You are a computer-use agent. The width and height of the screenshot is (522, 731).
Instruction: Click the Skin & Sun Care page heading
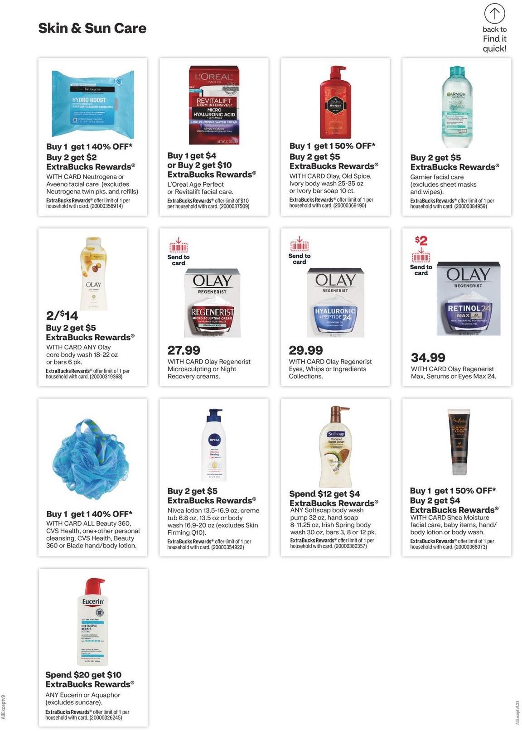tap(92, 28)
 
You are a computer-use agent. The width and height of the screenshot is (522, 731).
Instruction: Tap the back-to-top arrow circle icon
tap(494, 14)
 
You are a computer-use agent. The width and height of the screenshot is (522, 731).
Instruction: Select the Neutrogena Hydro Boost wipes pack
tap(93, 103)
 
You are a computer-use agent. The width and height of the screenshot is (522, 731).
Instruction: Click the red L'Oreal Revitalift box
tap(213, 105)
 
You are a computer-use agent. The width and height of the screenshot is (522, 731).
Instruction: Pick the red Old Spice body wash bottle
tap(335, 102)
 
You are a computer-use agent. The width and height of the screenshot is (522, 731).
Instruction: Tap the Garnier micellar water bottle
tap(456, 107)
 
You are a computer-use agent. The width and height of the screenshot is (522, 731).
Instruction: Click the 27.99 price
tap(184, 350)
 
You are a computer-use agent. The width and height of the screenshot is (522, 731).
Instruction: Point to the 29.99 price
tap(306, 350)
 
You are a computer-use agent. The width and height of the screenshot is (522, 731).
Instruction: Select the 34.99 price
tap(428, 358)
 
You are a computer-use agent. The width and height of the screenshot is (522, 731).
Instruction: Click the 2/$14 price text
tap(62, 315)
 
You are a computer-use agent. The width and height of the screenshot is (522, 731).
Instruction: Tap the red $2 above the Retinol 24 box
tap(420, 240)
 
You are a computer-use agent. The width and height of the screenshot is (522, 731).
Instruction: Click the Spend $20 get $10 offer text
tap(83, 675)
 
